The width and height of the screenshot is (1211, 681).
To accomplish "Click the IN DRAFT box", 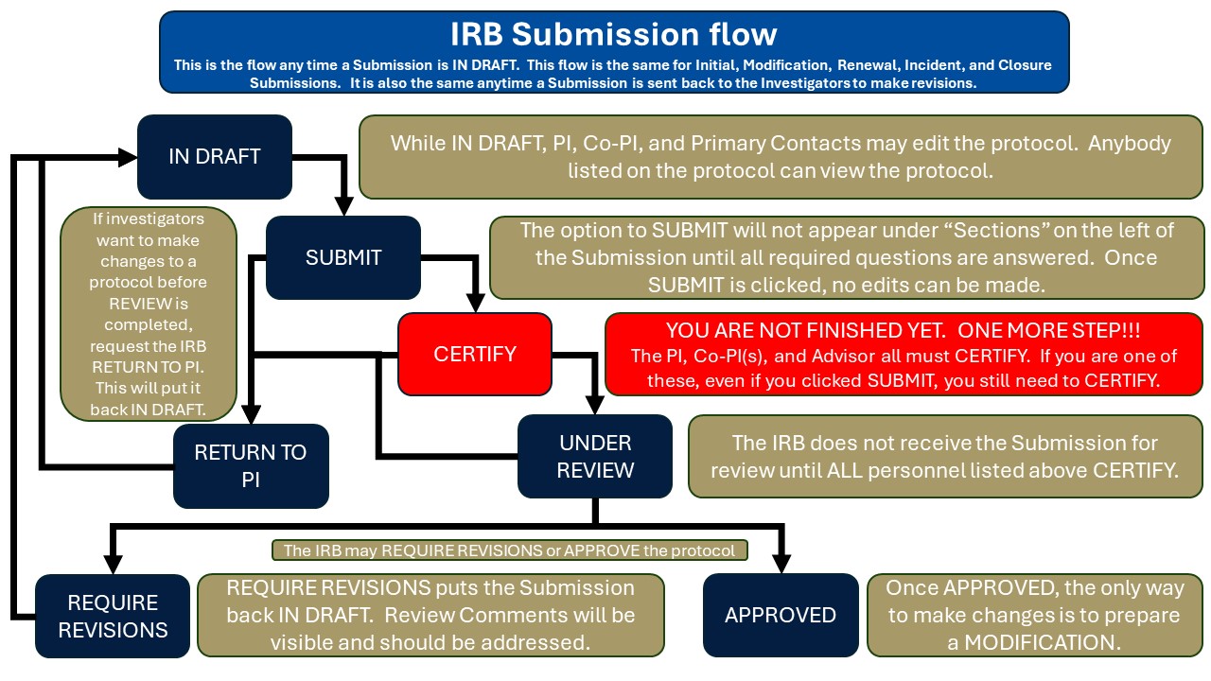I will pos(215,157).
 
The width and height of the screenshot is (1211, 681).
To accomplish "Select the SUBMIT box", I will pos(343,257).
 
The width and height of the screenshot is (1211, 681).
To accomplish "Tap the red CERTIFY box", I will pos(475,354).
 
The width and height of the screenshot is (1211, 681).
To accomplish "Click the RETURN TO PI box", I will pos(251,465).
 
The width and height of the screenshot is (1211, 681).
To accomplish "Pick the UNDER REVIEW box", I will pos(595,456).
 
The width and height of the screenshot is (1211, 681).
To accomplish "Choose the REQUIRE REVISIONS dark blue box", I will pos(113,616).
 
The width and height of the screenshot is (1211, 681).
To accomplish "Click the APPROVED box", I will pos(781,615).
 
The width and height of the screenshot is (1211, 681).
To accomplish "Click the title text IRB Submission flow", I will pos(614,34).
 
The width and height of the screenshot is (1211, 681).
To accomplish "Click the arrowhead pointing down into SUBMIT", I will pos(343,207).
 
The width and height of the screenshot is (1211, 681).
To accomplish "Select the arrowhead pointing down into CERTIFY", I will pos(475,304).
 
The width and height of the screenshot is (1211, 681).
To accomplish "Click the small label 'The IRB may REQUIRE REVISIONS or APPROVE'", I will pos(509,550).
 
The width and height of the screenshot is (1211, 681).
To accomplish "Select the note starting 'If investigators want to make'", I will pos(149,313).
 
